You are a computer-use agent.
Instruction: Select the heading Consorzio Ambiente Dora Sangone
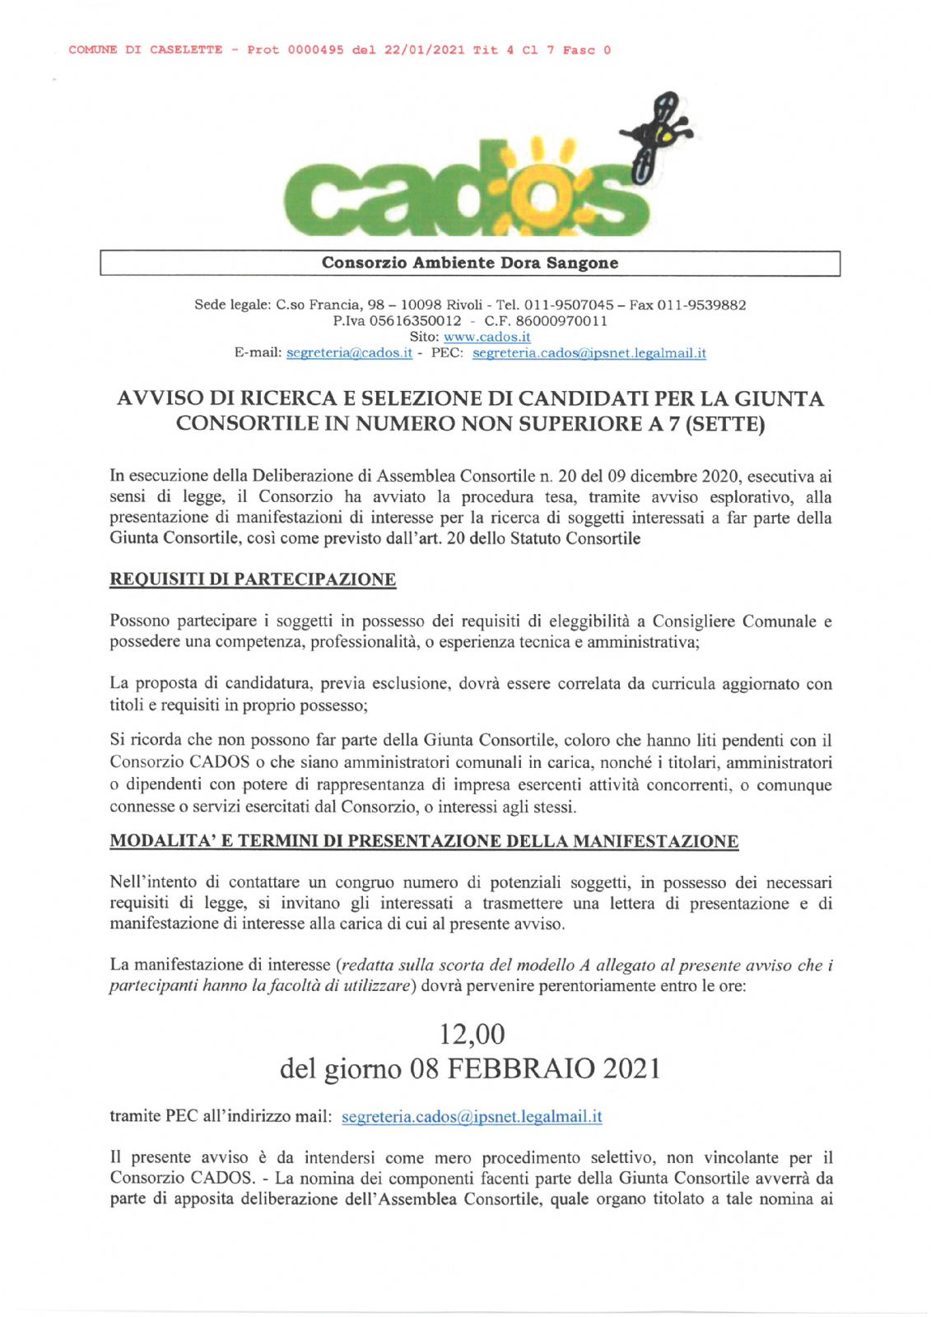(470, 263)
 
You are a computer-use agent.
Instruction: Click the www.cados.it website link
(486, 337)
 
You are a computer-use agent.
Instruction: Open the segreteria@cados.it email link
(349, 353)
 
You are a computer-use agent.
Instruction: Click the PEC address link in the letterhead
(589, 353)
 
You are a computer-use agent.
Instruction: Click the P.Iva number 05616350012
(415, 321)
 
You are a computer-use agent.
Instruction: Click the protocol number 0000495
(315, 50)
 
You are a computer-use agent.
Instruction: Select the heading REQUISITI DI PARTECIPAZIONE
(253, 579)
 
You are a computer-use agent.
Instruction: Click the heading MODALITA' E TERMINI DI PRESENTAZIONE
(424, 841)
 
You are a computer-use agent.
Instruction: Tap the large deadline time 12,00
(472, 1034)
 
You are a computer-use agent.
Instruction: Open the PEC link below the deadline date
(472, 1117)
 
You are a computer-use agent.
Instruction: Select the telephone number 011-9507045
(569, 305)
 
